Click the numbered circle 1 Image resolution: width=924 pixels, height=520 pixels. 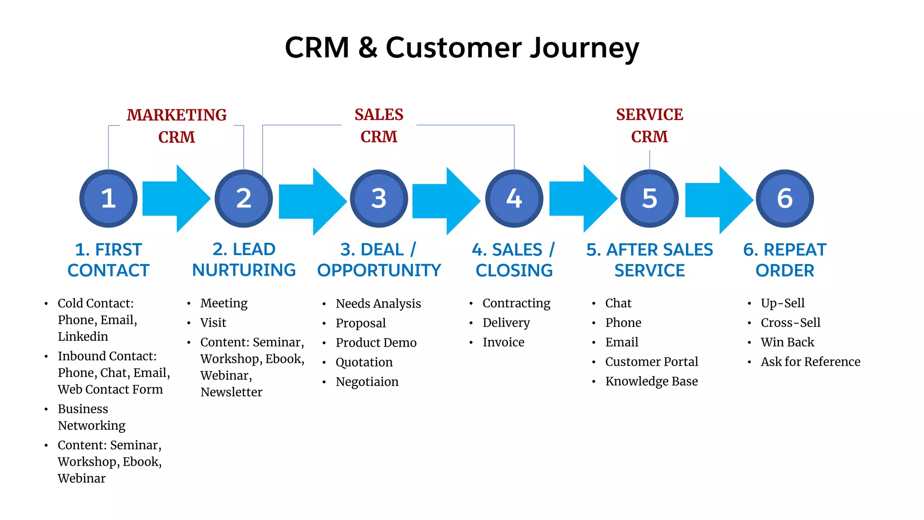(x=108, y=199)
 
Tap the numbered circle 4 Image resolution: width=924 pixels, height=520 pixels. (x=514, y=199)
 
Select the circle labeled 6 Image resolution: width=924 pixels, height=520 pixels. (x=785, y=199)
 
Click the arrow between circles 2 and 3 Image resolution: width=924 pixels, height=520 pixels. (x=311, y=201)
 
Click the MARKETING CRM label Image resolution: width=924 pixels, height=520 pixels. (x=176, y=125)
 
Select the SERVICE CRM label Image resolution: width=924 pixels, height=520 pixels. (x=649, y=125)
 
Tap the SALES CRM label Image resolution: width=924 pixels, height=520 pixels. (x=379, y=125)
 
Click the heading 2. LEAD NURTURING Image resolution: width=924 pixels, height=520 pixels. (x=244, y=260)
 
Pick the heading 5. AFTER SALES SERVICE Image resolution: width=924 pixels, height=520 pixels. (x=649, y=260)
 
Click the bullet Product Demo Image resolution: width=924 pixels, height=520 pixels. (x=376, y=343)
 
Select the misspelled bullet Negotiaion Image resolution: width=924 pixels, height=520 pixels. (x=367, y=382)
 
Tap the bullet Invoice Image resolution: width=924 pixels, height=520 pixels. (x=503, y=342)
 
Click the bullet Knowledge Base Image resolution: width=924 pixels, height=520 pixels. (x=651, y=381)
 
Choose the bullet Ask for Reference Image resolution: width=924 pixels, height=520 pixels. (x=810, y=362)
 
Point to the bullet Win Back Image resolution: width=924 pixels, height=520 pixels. (x=787, y=342)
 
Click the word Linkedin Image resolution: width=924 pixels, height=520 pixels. (x=83, y=337)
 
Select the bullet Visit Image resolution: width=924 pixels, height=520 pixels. (x=213, y=323)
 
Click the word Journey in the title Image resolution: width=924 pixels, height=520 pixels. (x=584, y=48)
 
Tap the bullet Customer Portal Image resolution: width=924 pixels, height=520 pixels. (x=651, y=362)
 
